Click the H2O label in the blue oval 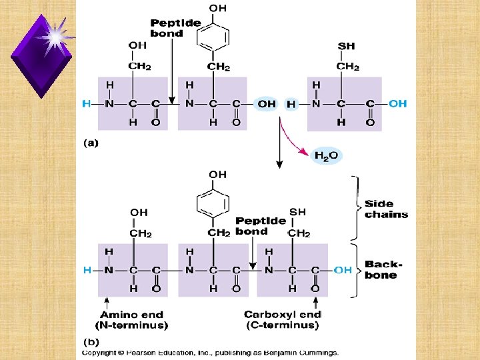click(x=327, y=155)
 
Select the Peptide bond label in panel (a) click(x=175, y=28)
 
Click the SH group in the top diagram click(x=347, y=46)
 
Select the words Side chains click(x=386, y=209)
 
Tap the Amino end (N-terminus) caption click(x=134, y=320)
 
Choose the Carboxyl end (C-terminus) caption click(x=283, y=320)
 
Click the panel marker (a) click(x=90, y=143)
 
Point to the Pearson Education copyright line click(x=210, y=352)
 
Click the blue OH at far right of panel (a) click(x=398, y=103)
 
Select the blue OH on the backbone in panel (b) click(x=343, y=270)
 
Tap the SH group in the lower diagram click(x=297, y=212)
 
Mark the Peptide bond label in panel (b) click(x=261, y=226)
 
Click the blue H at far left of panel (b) click(x=87, y=270)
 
